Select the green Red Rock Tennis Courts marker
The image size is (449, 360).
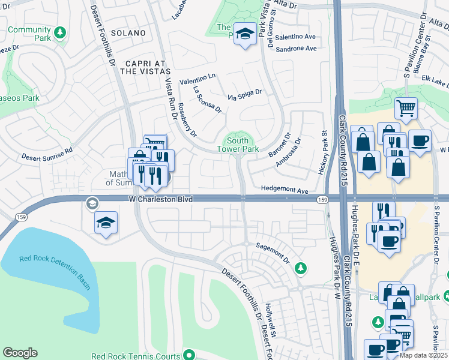coord(190,355)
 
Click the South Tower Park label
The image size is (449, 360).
coord(237,144)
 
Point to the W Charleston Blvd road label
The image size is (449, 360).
coord(160,199)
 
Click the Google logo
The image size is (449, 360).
coord(20,353)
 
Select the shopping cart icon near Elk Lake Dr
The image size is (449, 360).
coord(406,109)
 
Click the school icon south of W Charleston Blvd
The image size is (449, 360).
coord(106,223)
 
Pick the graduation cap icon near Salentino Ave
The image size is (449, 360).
coord(245,32)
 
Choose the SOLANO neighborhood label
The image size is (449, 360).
coord(128,33)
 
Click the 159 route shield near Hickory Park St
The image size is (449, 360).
coord(322,199)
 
